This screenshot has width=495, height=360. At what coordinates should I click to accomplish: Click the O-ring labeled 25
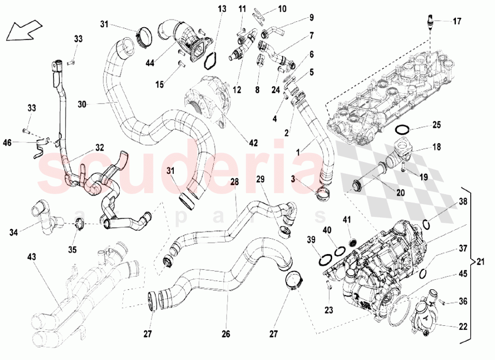(403, 130)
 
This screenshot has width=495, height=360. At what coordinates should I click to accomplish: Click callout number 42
(253, 143)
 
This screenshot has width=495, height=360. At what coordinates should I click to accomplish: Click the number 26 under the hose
(226, 334)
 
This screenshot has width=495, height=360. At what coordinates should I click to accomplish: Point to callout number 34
(14, 231)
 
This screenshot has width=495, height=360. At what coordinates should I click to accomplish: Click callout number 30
(82, 104)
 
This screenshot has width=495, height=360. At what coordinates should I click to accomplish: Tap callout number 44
(150, 62)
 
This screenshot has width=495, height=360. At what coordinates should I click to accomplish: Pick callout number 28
(234, 182)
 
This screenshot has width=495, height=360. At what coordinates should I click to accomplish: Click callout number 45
(462, 272)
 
